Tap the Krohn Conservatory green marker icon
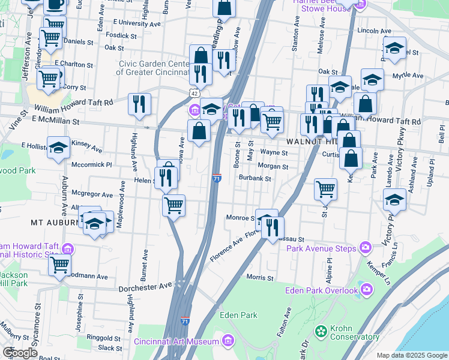(x=322, y=331)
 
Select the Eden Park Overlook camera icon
(x=366, y=290)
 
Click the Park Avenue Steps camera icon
(x=366, y=248)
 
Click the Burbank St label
(x=255, y=178)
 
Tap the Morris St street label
(x=260, y=278)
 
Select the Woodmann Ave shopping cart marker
(x=60, y=265)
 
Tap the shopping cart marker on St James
(x=325, y=189)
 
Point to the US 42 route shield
(x=193, y=94)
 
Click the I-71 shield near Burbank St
(x=217, y=178)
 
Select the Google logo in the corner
(x=20, y=353)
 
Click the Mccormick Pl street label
(x=91, y=164)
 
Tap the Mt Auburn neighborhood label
(x=55, y=222)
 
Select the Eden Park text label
(x=238, y=315)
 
